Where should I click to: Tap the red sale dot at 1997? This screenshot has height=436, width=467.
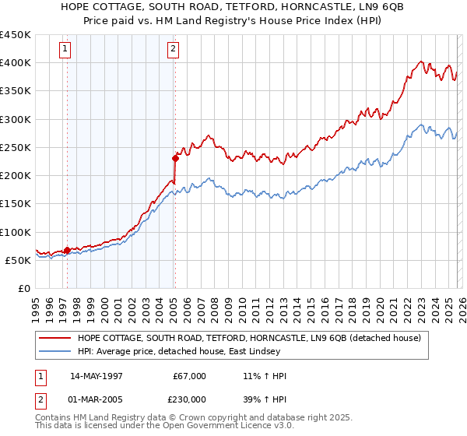click(x=68, y=250)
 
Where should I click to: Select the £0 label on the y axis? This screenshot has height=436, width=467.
click(x=23, y=288)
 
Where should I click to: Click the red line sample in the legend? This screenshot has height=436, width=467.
click(x=55, y=338)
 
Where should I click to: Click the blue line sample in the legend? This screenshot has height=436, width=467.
click(x=55, y=351)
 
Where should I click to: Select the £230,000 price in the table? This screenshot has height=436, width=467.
click(x=190, y=399)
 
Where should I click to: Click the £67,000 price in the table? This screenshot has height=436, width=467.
click(x=190, y=376)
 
